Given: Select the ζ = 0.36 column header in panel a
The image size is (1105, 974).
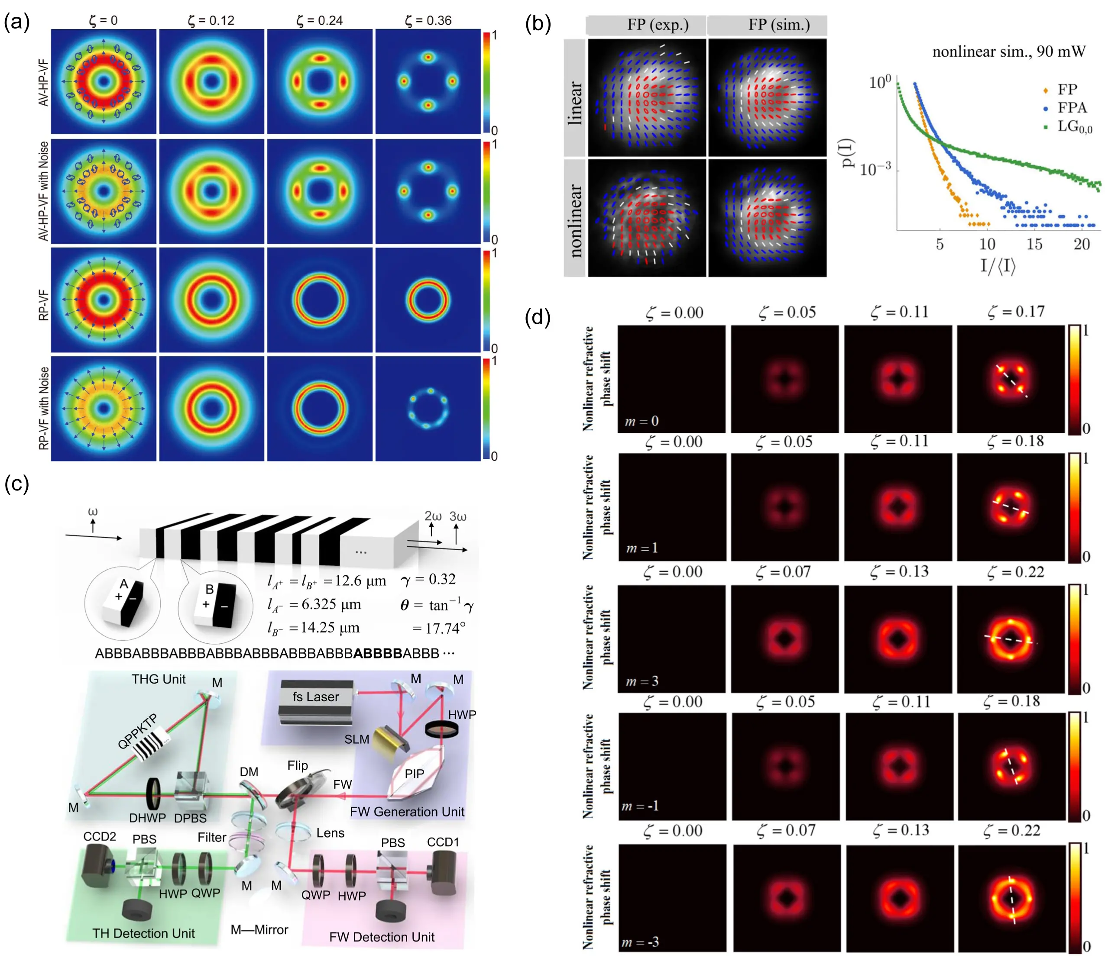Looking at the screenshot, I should point(428,20).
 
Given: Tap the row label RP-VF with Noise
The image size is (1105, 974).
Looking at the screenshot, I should point(44,408).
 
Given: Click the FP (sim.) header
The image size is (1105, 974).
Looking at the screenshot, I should point(778,25).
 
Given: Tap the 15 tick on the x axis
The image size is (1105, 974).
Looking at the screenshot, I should point(1034,244).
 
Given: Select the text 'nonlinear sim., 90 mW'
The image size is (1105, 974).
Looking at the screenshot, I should point(1009,52).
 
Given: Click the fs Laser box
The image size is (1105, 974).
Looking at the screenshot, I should point(316,697).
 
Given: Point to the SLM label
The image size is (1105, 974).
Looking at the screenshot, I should point(357,739).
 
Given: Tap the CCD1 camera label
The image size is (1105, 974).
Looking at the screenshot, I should point(443,842).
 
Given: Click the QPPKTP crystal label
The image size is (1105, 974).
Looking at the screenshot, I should point(137,731).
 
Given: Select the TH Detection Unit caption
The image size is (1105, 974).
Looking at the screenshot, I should point(143,933).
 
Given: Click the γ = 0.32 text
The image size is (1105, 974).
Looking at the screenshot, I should point(428,579).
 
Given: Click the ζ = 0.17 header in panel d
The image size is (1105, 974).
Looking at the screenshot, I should point(1016,312).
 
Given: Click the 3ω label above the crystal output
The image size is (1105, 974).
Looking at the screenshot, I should point(458,516).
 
